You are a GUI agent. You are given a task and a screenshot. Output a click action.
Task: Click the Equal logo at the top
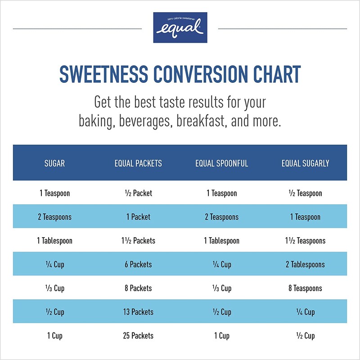(180, 27)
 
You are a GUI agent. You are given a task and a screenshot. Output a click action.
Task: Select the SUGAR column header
(54, 163)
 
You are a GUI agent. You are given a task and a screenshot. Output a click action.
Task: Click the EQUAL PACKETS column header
(138, 163)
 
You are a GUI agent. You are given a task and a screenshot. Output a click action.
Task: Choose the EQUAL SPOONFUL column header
(221, 163)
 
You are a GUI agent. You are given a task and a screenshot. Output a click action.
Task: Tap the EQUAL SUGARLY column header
(305, 163)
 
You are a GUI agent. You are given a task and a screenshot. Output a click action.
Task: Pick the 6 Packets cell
(138, 265)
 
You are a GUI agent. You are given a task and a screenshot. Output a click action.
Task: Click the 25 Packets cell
(138, 336)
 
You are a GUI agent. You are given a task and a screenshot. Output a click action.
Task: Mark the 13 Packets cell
(138, 312)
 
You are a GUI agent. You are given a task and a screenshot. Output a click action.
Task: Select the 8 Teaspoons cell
(305, 288)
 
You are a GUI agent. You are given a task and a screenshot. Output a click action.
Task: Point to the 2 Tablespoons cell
(305, 265)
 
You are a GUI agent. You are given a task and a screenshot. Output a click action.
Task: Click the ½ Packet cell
(138, 193)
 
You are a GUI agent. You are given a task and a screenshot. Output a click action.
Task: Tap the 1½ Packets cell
(138, 241)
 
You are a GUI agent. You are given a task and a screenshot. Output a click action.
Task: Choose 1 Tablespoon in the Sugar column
(54, 241)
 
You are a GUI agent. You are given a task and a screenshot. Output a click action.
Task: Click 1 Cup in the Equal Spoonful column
(221, 336)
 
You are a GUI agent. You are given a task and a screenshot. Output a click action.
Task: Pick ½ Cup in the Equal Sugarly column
(305, 336)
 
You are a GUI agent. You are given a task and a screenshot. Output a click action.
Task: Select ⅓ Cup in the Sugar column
(54, 288)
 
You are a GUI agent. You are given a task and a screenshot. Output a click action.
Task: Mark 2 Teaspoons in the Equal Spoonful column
(221, 217)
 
